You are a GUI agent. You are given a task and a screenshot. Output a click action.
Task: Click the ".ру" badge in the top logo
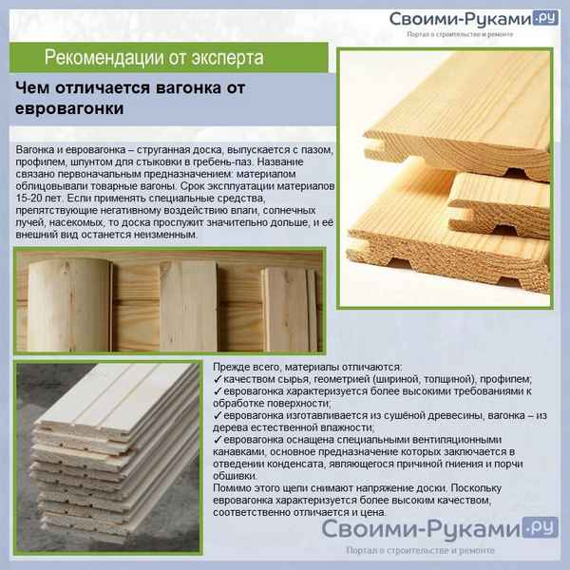[545, 17]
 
